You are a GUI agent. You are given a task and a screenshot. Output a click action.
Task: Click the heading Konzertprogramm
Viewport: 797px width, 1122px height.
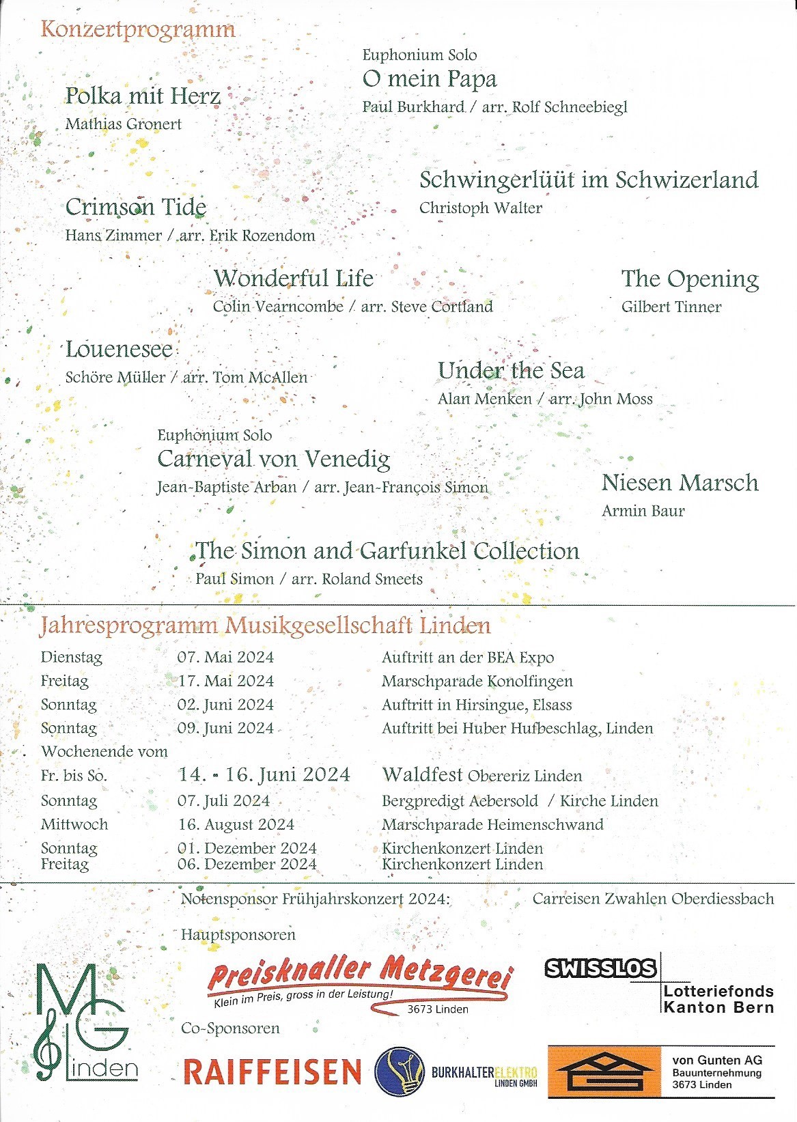point(138,29)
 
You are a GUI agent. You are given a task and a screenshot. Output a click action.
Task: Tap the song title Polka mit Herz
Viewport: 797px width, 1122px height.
point(143,96)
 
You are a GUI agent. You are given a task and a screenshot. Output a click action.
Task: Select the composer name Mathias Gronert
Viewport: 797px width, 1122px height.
point(124,124)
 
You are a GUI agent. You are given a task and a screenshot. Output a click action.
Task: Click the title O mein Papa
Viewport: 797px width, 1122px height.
point(430,79)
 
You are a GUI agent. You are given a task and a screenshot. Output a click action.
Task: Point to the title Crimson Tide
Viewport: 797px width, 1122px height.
point(135,207)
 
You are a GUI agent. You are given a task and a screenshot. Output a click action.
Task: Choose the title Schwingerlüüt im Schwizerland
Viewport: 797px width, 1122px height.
point(589,180)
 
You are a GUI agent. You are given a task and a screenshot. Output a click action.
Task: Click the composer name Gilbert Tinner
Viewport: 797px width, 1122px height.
point(671,307)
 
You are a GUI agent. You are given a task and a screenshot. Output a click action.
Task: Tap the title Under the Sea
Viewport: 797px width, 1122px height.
point(511,371)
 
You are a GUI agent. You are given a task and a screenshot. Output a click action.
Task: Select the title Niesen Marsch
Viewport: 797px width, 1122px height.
point(680,483)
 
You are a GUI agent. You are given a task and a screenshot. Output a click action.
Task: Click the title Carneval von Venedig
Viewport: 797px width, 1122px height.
point(273,459)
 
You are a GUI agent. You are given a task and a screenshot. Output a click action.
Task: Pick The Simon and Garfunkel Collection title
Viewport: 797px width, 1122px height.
point(387,551)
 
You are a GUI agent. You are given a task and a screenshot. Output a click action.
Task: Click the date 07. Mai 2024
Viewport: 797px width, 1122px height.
point(225,658)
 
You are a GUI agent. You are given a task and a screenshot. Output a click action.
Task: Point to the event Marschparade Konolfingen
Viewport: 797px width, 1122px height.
point(477,681)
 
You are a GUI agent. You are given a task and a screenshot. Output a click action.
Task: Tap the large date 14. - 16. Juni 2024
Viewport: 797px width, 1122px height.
point(264,775)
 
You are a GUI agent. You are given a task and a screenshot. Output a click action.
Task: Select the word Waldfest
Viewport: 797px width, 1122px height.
point(422,775)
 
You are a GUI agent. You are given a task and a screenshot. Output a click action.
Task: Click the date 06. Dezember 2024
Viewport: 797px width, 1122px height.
point(247,865)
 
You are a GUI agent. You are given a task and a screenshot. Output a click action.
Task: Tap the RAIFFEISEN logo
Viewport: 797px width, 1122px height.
point(272,1072)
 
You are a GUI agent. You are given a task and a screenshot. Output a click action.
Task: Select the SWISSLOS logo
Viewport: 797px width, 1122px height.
point(600,968)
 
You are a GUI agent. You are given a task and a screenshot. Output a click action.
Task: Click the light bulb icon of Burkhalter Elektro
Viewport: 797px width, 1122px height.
point(400,1071)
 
